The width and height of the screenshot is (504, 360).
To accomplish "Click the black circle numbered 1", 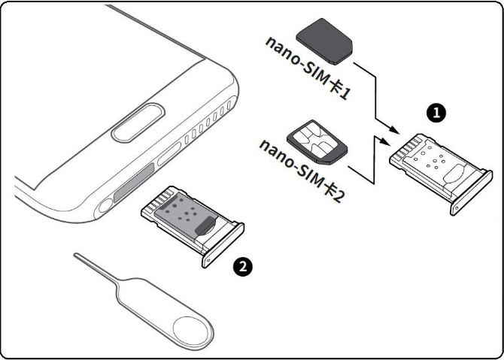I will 435,113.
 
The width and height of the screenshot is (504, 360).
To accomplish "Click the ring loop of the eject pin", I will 190,329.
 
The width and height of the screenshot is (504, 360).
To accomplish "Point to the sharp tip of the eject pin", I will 76,256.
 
